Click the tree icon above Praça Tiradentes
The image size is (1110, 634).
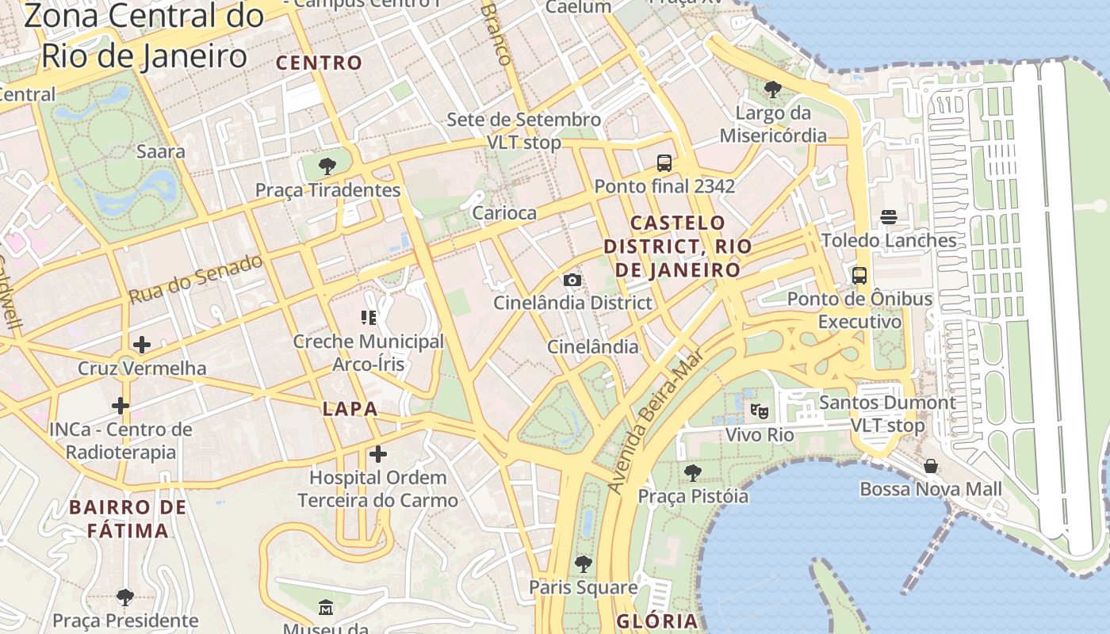coord(327,166)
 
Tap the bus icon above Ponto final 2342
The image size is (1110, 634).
coord(664,163)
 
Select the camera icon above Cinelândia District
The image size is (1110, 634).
coord(572,280)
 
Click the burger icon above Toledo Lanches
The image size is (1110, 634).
coord(888,217)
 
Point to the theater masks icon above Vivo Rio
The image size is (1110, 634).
coord(760,411)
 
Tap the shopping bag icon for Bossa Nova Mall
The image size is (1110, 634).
coord(931,466)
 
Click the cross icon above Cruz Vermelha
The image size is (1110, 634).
coord(142,345)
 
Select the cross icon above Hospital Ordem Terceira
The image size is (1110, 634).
coord(378,454)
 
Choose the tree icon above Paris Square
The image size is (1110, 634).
coord(584,564)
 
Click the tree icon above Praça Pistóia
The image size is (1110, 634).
coord(693,473)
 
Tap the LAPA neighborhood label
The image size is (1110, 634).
coord(350,410)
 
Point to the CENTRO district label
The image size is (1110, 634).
coord(319,63)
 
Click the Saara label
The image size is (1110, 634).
coord(161,151)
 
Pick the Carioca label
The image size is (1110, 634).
coord(504,212)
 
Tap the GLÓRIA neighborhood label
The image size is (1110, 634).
coord(656,621)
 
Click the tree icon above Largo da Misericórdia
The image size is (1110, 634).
coord(773,89)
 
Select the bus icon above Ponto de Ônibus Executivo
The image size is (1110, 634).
coord(859,276)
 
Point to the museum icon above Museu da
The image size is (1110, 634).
coord(326,608)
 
